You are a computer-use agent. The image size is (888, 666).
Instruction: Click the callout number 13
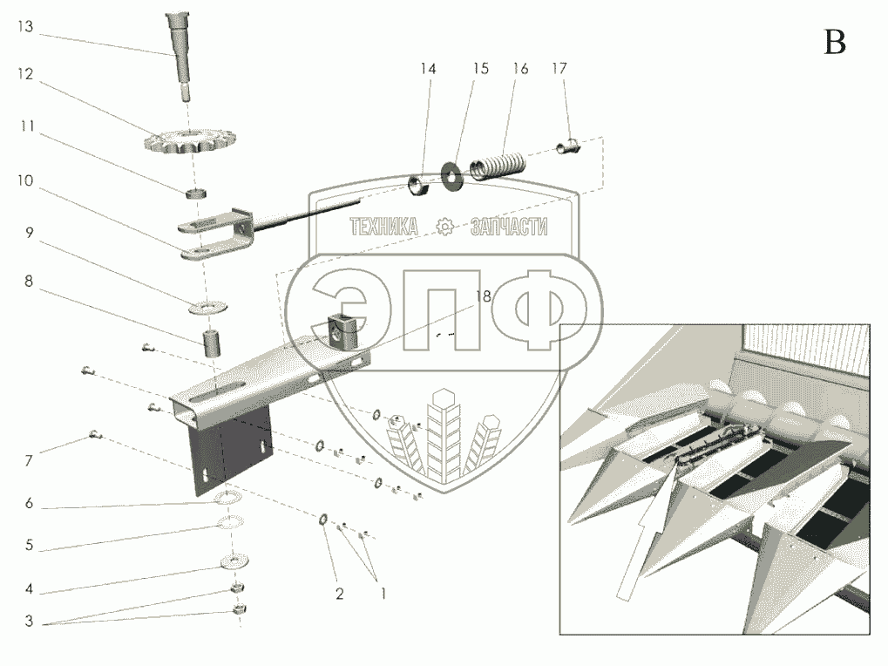(x=25, y=27)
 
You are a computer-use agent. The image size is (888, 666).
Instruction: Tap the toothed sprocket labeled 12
(x=190, y=141)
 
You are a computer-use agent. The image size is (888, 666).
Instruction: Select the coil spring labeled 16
(x=498, y=165)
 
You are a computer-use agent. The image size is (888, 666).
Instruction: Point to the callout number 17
(x=559, y=69)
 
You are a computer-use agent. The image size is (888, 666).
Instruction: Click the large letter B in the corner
(x=835, y=43)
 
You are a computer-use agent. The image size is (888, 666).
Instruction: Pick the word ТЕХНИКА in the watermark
(x=384, y=228)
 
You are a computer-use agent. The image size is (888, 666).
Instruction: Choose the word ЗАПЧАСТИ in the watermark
(x=509, y=228)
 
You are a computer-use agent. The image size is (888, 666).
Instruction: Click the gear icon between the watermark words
(x=445, y=228)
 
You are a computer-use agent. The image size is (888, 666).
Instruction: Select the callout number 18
(x=483, y=296)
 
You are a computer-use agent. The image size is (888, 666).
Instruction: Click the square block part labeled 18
(x=342, y=331)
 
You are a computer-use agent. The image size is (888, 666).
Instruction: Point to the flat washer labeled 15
(x=452, y=176)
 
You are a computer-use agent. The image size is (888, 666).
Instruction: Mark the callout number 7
(x=28, y=461)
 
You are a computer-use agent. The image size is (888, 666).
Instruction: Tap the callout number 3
(x=29, y=622)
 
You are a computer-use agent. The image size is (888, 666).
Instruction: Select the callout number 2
(x=339, y=594)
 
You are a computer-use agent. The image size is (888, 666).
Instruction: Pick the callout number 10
(x=25, y=180)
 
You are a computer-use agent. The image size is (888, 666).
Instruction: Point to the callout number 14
(x=428, y=69)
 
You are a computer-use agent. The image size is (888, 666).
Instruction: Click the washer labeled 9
(x=208, y=308)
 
